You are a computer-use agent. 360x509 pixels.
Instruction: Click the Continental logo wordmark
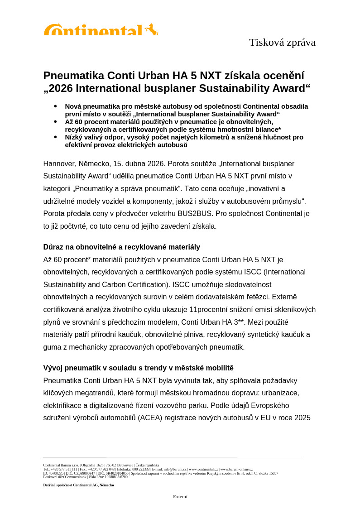pos(93,30)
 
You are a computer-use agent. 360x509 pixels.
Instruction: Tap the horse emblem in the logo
pos(152,29)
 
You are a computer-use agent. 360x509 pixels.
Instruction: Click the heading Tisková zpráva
pos(282,43)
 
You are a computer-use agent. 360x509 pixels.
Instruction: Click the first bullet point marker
pos(55,106)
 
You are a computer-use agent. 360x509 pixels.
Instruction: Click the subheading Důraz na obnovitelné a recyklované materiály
pos(121,247)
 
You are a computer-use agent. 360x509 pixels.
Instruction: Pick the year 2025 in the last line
pos(302,418)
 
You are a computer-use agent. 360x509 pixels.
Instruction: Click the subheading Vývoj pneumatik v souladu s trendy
pos(138,368)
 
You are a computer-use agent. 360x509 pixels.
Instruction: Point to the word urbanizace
pos(281,393)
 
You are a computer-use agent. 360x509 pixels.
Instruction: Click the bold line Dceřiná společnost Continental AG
pos(78,485)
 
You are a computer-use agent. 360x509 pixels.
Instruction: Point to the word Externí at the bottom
pos(180,497)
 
